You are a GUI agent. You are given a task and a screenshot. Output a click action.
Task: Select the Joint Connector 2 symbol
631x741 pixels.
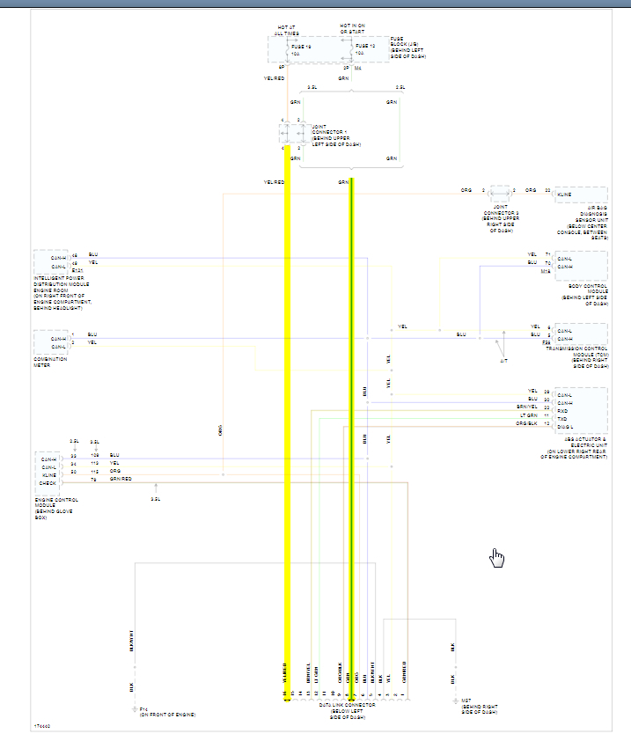pos(499,190)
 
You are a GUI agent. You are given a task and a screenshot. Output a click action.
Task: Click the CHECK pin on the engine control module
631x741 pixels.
pos(48,482)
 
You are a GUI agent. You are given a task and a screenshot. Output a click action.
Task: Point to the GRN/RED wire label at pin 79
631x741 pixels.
pos(121,479)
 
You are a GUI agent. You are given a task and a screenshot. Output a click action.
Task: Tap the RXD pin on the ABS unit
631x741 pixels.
pos(563,409)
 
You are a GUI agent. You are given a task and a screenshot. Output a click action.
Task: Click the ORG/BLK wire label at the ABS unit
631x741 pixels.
pos(526,423)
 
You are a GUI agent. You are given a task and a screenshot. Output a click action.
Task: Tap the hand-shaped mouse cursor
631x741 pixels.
pos(497,558)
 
